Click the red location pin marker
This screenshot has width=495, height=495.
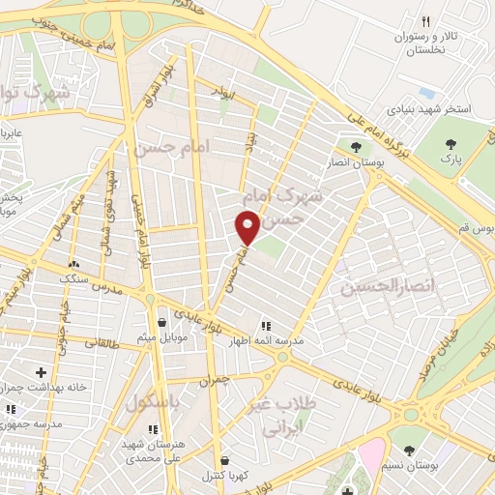(248, 227)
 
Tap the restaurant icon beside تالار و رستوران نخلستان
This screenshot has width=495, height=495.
(425, 21)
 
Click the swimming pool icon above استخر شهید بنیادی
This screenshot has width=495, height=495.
(425, 92)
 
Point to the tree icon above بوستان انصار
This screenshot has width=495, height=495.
(356, 148)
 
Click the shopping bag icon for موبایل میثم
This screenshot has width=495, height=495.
(160, 322)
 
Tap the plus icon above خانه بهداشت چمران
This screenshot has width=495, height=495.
(41, 371)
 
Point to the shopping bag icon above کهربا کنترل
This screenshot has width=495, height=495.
(225, 461)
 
